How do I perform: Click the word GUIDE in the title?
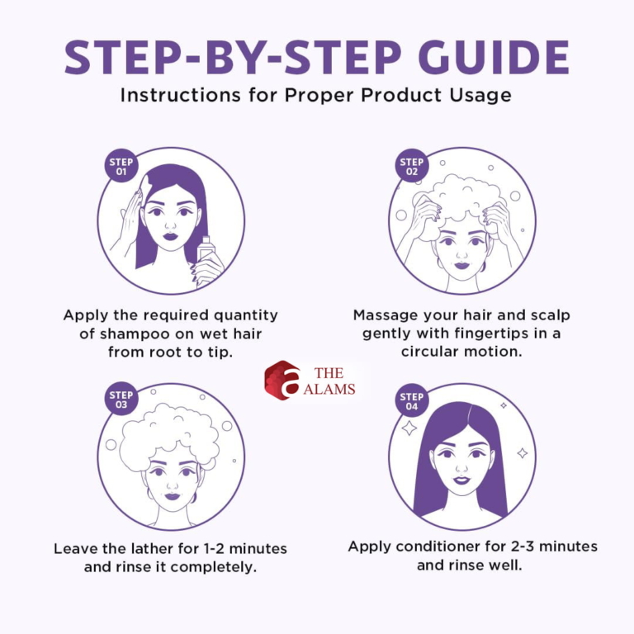pos(494,57)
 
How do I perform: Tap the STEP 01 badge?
pos(121,166)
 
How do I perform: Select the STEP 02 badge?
pos(412,166)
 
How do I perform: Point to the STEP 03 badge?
pos(121,399)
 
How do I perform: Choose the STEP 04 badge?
pos(412,400)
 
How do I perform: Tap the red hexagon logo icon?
pos(282,380)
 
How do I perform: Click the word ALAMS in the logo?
pos(329,389)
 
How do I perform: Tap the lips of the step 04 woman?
pos(461,480)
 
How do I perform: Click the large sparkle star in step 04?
pos(409,428)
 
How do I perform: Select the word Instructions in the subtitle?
pos(180,96)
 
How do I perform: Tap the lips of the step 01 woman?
pos(171,236)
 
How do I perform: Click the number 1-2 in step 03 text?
pos(214,549)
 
